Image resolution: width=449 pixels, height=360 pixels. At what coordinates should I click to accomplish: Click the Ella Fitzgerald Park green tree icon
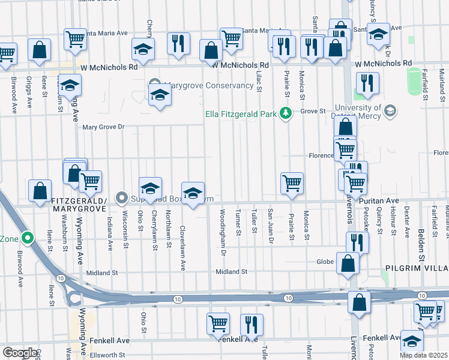click(x=286, y=112)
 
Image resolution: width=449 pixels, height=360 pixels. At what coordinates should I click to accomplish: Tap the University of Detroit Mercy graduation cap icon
click(x=390, y=110)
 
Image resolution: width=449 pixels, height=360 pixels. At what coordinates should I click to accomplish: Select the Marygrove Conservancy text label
click(x=209, y=85)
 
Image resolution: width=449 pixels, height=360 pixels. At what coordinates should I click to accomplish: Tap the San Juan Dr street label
click(x=271, y=226)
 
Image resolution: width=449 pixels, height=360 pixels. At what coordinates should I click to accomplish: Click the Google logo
click(x=19, y=353)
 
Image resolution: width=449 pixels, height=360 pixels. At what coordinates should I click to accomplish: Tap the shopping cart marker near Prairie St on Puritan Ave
click(x=292, y=183)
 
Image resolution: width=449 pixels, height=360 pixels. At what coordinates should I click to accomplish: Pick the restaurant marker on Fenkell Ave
click(x=251, y=325)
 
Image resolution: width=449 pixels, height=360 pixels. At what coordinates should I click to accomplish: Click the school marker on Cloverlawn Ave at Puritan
click(x=193, y=193)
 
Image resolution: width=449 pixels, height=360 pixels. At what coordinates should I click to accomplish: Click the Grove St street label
click(x=313, y=111)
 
